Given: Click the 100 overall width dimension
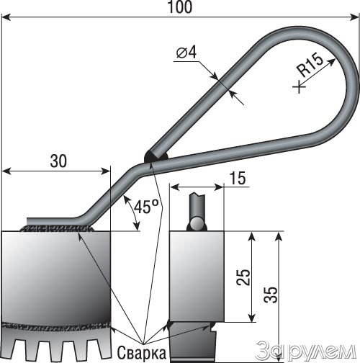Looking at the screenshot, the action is (x=180, y=7).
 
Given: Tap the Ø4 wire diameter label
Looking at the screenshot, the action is (x=186, y=53).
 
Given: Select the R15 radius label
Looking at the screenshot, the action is (x=310, y=66).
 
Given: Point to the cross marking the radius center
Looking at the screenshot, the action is (x=300, y=86).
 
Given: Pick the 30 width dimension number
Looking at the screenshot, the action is (x=58, y=161).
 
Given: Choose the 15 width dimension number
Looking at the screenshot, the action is (x=238, y=179).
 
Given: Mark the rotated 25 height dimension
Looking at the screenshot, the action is (x=243, y=277).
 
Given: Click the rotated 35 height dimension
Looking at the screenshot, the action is (x=271, y=295).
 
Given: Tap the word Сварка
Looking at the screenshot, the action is (x=142, y=353).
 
